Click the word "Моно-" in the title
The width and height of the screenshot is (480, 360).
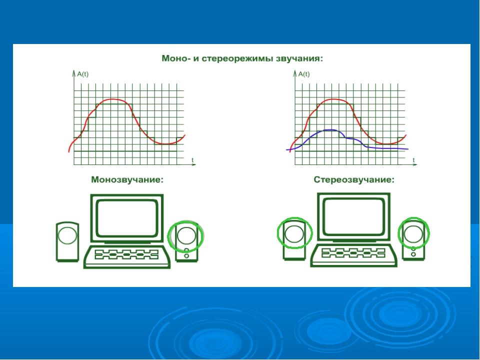point(174,58)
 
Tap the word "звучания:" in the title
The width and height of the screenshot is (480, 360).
point(299,58)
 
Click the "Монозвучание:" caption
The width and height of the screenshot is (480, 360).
point(127,179)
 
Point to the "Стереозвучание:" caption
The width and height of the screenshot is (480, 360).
point(354,179)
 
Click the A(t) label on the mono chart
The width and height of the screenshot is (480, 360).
point(82,74)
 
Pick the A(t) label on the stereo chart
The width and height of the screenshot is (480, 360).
point(304,74)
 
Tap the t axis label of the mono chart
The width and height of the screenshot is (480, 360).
point(192,160)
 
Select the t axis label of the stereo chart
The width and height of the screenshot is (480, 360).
point(413,160)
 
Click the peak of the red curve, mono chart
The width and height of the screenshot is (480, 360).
point(112,99)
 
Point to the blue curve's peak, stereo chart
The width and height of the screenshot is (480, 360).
point(329,130)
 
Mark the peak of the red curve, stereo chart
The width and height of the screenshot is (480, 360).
point(333,99)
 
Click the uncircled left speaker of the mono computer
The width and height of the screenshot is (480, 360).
point(67,242)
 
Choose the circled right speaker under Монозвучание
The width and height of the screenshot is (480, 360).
point(186,242)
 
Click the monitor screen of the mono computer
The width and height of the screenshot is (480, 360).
point(127,217)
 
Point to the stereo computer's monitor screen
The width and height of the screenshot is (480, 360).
point(354,216)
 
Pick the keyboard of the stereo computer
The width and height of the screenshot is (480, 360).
point(354,254)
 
